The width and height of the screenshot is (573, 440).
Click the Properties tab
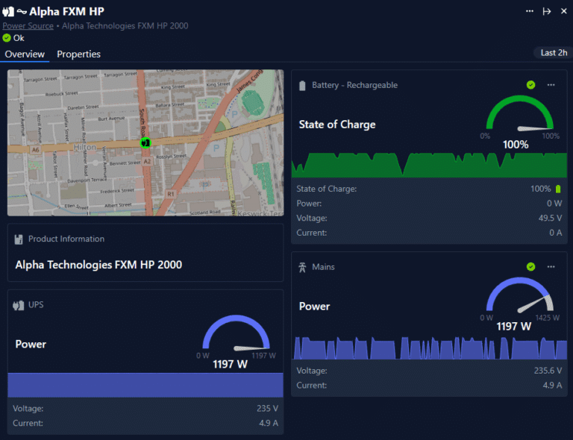78,54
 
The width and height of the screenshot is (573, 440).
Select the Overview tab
25,54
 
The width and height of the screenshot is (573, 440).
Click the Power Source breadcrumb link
28,25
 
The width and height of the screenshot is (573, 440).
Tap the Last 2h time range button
554,53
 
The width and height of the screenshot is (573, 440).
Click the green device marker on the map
145,142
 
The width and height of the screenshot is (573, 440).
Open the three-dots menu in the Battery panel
551,85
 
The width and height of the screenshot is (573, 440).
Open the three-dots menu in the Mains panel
551,266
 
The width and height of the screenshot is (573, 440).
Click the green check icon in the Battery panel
530,85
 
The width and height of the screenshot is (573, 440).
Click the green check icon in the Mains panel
530,266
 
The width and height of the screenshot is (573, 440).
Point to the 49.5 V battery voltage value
549,218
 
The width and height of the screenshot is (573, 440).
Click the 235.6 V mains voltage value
547,371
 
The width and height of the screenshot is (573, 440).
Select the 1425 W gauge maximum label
548,318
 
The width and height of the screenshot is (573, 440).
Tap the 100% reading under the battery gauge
516,145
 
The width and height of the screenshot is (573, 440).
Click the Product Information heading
66,239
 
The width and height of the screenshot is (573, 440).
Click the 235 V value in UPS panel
266,408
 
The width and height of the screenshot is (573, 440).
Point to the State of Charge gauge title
336,125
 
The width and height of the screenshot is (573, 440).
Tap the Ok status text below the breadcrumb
19,38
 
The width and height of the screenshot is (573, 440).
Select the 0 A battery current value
555,233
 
